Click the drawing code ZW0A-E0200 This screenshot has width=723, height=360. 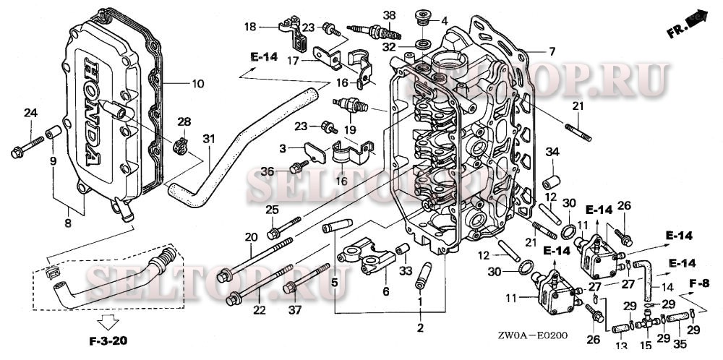tap(533, 336)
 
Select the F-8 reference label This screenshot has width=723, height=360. tap(698, 282)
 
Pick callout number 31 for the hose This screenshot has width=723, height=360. tap(209, 139)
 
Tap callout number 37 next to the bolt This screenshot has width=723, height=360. tap(294, 310)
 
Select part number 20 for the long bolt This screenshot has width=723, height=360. tap(251, 237)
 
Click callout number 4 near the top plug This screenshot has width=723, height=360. tap(444, 20)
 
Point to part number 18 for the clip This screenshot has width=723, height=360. tap(250, 27)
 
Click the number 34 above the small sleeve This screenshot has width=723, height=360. tap(552, 152)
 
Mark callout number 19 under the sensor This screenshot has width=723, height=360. tap(350, 130)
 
